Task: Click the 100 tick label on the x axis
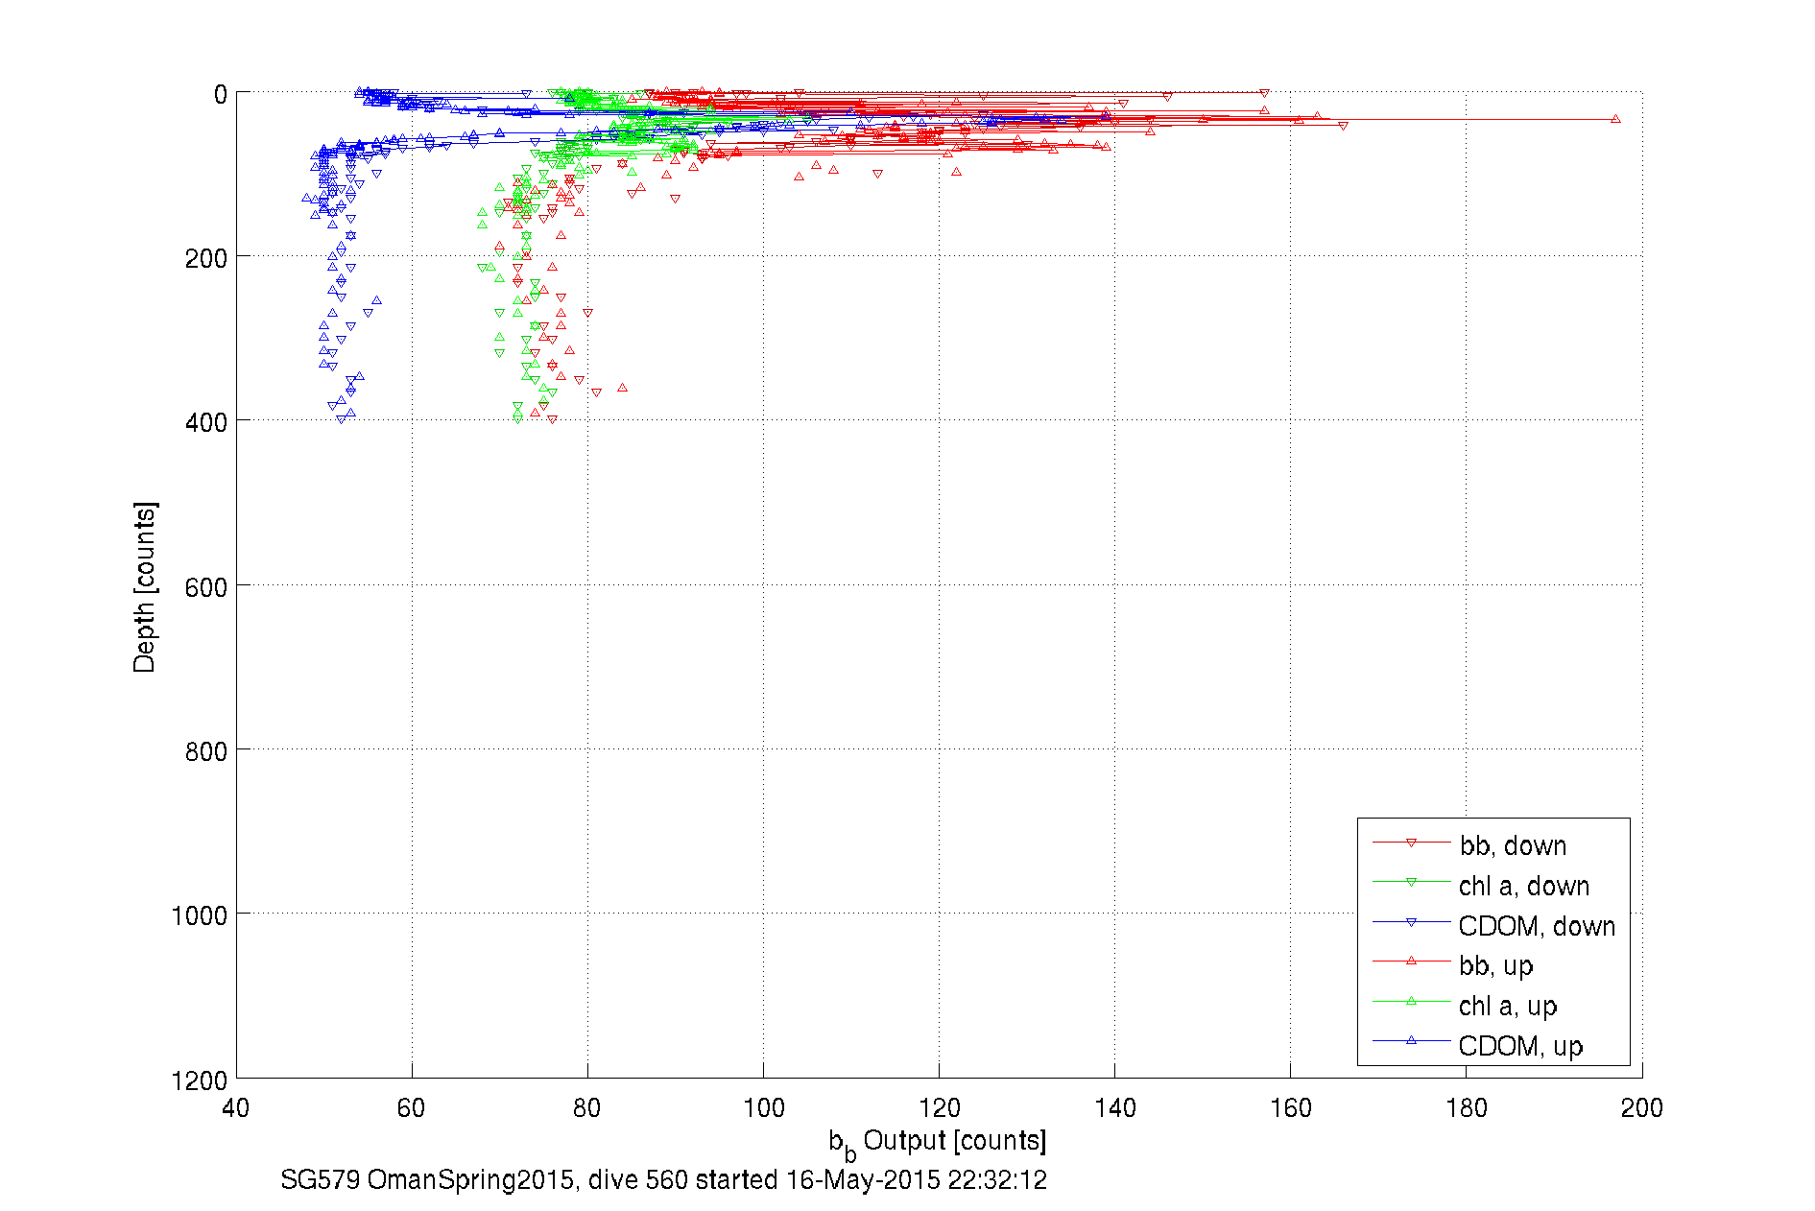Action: coord(763,1108)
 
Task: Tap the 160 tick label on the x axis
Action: coord(1290,1108)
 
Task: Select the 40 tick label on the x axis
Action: coord(236,1108)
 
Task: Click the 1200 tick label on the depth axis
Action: coord(200,1080)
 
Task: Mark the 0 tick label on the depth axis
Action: coord(221,94)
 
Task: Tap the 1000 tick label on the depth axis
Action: coord(200,915)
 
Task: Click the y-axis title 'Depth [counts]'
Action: coord(144,586)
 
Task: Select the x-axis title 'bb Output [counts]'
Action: coord(938,1142)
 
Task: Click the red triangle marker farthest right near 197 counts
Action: coord(1615,119)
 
